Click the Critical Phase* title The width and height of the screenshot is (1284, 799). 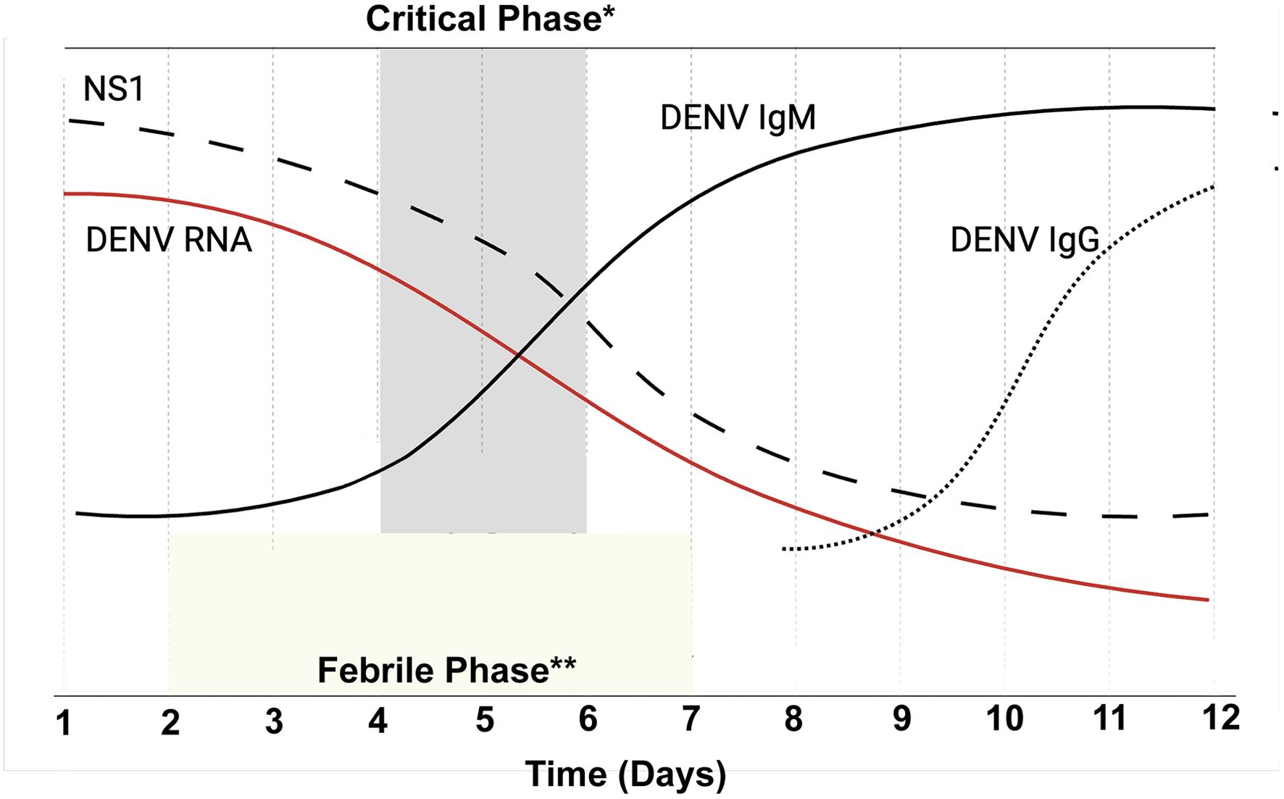point(490,19)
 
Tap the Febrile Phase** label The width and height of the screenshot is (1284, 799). point(446,670)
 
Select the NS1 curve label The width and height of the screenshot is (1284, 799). point(114,89)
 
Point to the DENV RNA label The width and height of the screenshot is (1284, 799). point(169,240)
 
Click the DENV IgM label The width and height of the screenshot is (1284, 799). point(738,117)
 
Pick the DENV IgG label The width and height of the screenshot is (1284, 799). point(1025,240)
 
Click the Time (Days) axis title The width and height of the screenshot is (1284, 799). point(625,774)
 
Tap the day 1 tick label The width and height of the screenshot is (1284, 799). point(64,722)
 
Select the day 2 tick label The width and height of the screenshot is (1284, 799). point(170,722)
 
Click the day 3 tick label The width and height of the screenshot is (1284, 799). point(274,721)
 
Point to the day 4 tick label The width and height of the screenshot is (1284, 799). point(378,721)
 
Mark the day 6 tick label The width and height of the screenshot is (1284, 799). point(588,719)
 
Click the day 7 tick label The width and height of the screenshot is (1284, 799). point(691,719)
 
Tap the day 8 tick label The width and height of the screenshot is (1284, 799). point(793,719)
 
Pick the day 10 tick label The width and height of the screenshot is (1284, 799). point(1004,719)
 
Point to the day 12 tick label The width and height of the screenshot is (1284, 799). point(1220,717)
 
